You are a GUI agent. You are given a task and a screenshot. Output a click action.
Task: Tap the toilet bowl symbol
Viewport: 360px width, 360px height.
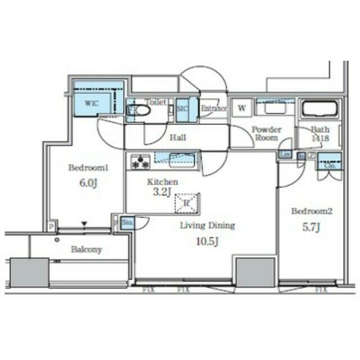click(141, 111)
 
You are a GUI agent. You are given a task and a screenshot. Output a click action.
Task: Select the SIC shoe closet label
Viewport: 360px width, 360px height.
click(182, 108)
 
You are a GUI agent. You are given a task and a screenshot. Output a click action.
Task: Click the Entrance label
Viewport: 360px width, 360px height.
click(214, 109)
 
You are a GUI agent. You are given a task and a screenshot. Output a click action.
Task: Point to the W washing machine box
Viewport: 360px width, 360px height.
click(241, 108)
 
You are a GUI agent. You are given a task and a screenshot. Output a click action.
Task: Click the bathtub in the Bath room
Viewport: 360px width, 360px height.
click(319, 108)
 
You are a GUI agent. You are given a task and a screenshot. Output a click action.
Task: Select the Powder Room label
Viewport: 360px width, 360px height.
click(265, 133)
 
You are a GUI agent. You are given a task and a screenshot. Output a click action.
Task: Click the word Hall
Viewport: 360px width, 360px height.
click(178, 137)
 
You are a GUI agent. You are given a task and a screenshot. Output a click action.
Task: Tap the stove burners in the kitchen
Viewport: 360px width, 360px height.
click(140, 161)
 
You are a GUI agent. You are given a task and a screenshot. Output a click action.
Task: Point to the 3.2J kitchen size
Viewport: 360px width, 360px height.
click(161, 192)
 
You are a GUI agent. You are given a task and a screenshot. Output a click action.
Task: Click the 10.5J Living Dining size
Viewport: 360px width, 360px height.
click(206, 242)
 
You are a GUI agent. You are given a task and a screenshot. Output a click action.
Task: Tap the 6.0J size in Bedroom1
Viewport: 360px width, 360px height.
click(87, 183)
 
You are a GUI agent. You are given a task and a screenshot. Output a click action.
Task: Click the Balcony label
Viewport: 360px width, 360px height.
click(86, 249)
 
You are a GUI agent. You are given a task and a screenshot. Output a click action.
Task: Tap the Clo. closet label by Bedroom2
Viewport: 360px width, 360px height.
click(330, 165)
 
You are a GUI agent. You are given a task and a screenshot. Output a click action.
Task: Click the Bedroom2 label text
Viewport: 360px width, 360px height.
click(312, 211)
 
